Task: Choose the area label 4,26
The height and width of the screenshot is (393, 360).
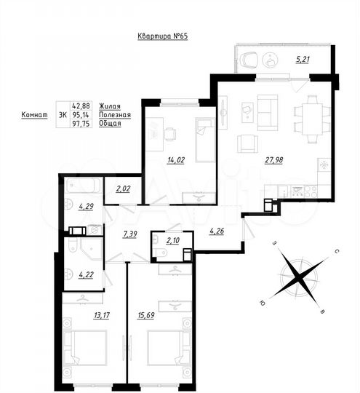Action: [217, 233]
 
